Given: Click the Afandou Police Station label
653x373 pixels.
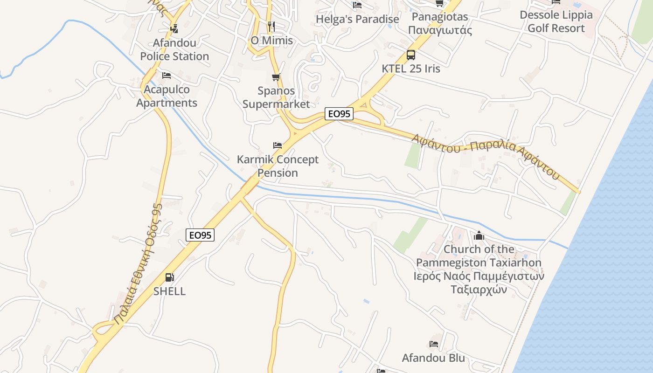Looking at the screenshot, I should [x=174, y=49].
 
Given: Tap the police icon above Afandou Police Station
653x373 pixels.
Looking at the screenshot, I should [x=174, y=28].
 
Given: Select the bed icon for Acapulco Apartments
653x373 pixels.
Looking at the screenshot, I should [x=167, y=76].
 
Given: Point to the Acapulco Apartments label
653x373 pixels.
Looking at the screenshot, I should [x=167, y=96].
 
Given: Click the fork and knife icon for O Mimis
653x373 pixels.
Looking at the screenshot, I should [x=271, y=26].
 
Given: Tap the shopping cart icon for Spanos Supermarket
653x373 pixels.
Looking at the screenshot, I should [x=276, y=77].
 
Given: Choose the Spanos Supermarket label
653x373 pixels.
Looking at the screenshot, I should [x=276, y=97].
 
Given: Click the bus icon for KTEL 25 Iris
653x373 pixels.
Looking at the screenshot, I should [x=410, y=55].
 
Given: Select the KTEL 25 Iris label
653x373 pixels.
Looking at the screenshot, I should [x=410, y=68].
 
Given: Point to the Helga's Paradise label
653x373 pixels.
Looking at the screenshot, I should [x=357, y=19].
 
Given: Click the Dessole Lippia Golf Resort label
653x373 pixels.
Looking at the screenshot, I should [x=556, y=21].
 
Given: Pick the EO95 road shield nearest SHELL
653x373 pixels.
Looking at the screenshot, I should [x=200, y=235].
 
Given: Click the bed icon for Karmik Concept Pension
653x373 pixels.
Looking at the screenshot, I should [x=278, y=145].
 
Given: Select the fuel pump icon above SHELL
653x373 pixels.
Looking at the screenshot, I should [x=170, y=278].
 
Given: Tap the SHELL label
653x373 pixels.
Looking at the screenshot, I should [x=170, y=291].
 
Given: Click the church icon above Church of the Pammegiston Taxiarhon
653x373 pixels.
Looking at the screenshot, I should [x=479, y=236].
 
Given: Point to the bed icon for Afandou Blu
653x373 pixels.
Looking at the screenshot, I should [x=434, y=345].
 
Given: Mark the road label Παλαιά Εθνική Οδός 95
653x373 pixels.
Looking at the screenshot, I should [x=139, y=264].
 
